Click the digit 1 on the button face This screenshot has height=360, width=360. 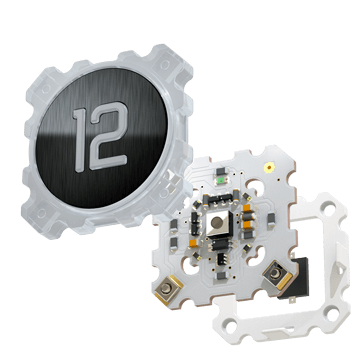[80, 140]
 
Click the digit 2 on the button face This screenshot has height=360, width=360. [109, 136]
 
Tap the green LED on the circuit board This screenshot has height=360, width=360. [221, 181]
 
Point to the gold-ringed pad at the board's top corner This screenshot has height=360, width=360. [269, 167]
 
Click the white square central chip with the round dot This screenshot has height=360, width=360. [218, 223]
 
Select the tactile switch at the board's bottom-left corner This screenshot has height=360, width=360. [166, 289]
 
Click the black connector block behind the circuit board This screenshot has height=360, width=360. [297, 278]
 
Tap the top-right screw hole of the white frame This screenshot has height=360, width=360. [328, 210]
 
